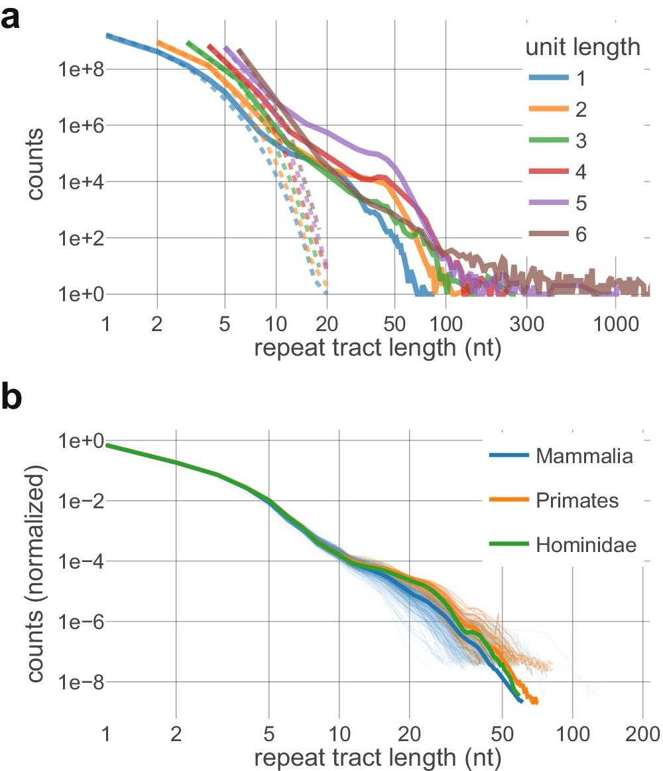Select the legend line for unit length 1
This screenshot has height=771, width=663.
coord(548,79)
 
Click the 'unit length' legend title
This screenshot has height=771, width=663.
coord(582,47)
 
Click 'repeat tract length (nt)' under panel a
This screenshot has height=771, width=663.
coord(377,348)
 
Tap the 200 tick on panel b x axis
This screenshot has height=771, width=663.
coord(642,735)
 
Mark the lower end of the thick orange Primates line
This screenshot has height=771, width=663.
coord(534,701)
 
